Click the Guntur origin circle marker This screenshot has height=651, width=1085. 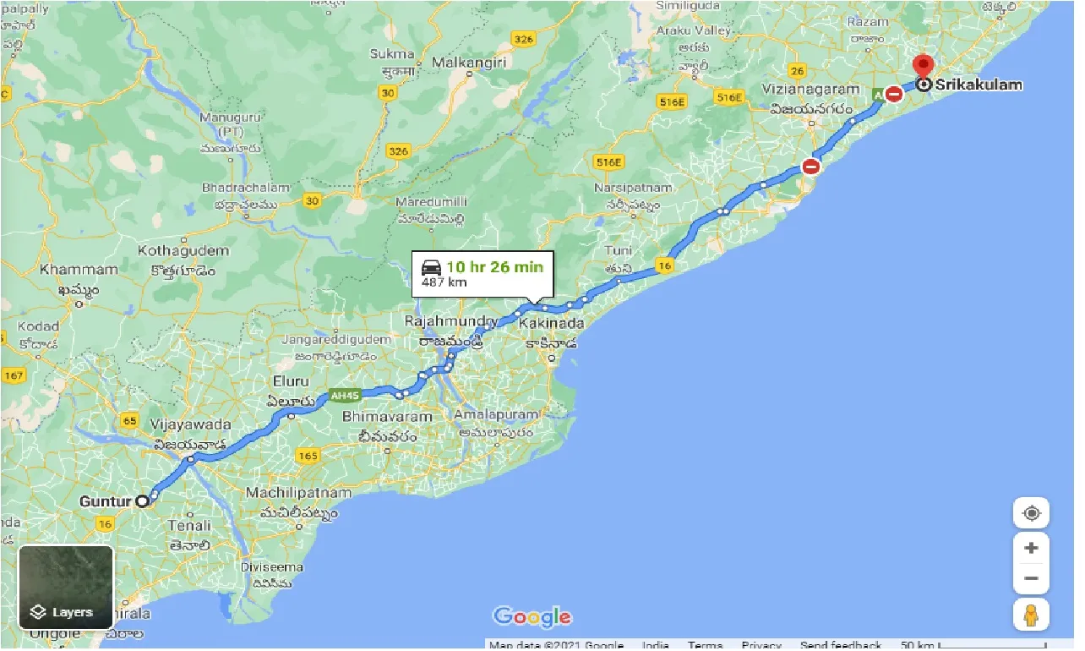click(143, 501)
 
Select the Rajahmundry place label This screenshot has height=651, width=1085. click(450, 322)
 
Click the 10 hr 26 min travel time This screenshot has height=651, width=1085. click(494, 267)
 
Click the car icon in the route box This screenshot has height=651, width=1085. click(431, 268)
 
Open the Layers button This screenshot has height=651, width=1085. click(66, 587)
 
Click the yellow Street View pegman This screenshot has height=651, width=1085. click(1031, 615)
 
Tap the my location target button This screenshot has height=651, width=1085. click(1031, 513)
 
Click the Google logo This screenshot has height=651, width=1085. click(532, 616)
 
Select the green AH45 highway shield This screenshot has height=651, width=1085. click(345, 395)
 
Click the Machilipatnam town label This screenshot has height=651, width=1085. click(298, 492)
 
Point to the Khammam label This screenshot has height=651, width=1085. click(79, 270)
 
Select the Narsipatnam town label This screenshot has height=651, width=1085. click(634, 188)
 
